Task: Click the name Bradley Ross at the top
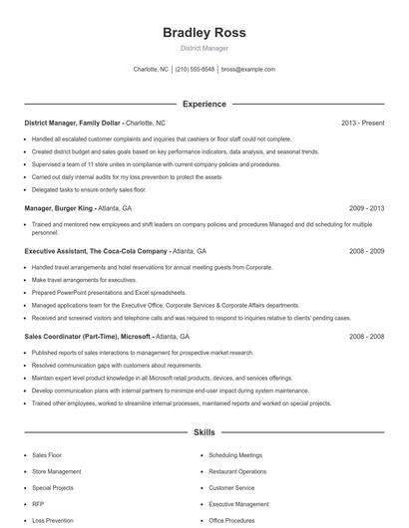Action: point(204,33)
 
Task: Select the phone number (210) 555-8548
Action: point(195,70)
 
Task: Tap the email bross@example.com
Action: point(247,70)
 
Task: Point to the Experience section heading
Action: point(204,104)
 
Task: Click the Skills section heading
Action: point(204,433)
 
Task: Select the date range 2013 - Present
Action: point(362,123)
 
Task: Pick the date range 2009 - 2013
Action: point(366,208)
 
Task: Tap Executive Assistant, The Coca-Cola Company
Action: point(96,251)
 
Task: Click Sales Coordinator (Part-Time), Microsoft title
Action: point(88,337)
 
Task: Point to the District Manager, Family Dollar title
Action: point(73,123)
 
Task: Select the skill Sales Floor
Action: point(47,454)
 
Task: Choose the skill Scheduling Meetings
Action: point(235,454)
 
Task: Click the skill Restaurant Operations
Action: point(237,471)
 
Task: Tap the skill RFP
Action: point(38,505)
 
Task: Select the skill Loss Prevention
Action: point(52,521)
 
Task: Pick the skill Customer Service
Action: point(231,488)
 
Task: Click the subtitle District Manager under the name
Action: point(204,48)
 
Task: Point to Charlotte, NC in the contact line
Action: point(151,70)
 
